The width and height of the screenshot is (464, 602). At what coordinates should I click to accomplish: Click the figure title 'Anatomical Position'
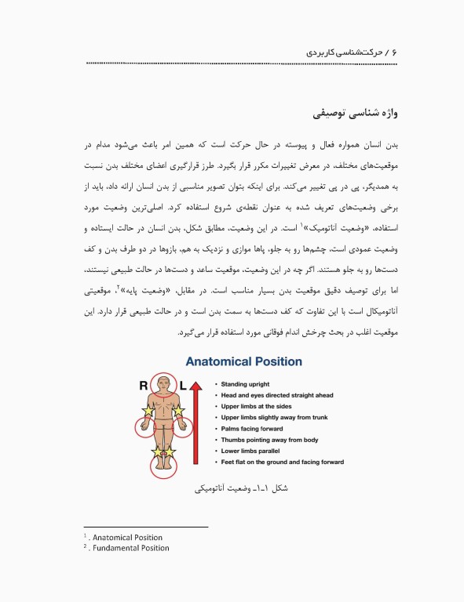pos(243,361)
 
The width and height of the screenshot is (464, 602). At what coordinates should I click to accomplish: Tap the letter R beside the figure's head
pos(143,385)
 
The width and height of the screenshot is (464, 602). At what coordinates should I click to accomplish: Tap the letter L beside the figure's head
pos(184,385)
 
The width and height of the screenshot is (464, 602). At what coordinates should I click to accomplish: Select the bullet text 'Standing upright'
pos(245,384)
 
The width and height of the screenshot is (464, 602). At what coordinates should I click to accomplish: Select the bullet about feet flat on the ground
pos(282,462)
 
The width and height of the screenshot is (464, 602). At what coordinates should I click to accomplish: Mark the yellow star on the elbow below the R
pos(148,411)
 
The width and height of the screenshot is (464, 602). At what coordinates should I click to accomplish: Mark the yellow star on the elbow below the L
pos(179,411)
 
